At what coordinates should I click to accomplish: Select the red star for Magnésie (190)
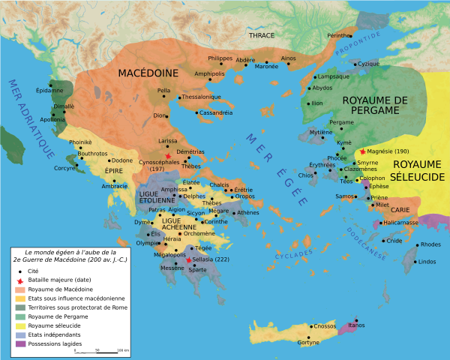[x=363, y=151]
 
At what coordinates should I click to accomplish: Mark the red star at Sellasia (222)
[x=190, y=259]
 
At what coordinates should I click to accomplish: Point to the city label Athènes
[x=247, y=212]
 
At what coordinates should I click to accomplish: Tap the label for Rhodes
[x=431, y=244]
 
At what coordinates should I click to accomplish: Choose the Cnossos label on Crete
[x=325, y=326]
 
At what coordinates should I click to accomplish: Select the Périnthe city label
[x=339, y=36]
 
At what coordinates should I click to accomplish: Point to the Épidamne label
[x=49, y=91]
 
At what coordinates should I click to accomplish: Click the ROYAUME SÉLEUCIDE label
[x=419, y=170]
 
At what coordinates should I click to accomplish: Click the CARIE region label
[x=398, y=211]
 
